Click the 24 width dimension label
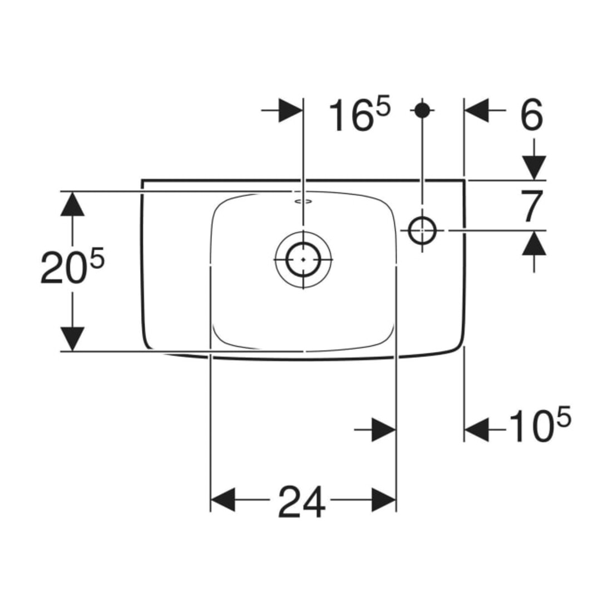click(302, 502)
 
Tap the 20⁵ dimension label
click(72, 266)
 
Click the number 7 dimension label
click(532, 206)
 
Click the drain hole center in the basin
click(303, 260)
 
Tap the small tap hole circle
click(422, 230)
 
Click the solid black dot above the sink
click(422, 111)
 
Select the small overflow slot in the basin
click(303, 201)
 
